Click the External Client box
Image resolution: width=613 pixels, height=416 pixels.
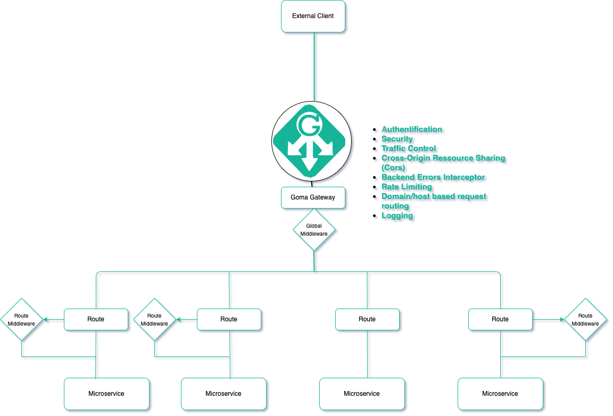coord(313,16)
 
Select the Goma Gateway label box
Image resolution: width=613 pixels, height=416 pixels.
coord(313,197)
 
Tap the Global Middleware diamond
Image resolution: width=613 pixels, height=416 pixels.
coord(314,229)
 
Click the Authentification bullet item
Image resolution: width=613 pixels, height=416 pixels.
coord(411,129)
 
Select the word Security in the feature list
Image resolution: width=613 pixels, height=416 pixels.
coord(397,139)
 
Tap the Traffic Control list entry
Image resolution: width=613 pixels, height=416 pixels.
coord(408,148)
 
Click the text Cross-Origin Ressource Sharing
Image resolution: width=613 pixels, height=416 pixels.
coord(443,158)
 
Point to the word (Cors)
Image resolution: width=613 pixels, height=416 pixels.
coord(393,168)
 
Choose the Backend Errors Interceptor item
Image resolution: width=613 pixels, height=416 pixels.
coord(433,177)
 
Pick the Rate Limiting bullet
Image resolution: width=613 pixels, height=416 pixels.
coord(407,187)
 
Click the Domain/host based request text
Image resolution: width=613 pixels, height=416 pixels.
coord(434,196)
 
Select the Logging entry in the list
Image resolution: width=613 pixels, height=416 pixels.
coord(397,215)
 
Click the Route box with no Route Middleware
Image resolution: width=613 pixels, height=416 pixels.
coord(367,319)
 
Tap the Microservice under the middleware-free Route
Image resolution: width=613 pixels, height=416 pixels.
coord(362,394)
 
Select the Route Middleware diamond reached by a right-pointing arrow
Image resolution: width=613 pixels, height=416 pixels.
coord(585,319)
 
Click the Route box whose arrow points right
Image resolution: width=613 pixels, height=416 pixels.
coord(500,319)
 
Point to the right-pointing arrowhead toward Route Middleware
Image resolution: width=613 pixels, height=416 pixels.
coord(561,319)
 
